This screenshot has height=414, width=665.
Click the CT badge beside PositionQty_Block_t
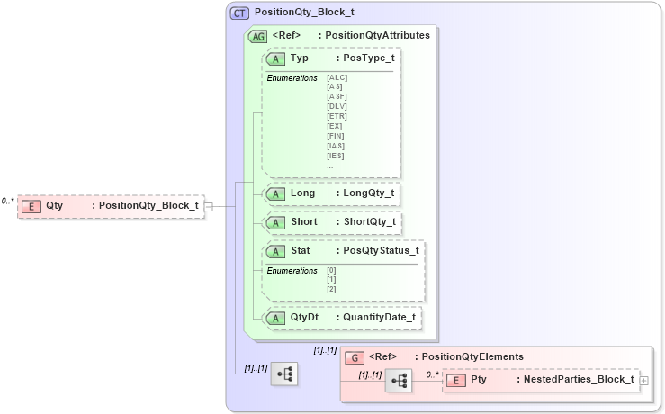point(240,13)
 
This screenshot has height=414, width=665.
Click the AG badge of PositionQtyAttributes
point(257,36)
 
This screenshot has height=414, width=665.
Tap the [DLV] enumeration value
point(337,107)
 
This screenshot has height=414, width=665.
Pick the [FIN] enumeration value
point(336,136)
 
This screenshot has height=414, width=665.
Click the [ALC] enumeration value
point(337,77)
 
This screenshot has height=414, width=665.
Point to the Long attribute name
point(302,193)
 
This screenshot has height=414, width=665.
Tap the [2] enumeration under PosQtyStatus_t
point(331,289)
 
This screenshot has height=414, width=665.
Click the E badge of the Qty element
point(31,206)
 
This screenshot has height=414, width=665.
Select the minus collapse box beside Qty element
point(208,206)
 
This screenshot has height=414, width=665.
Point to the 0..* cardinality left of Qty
point(8,202)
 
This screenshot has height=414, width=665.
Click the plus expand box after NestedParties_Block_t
point(643,381)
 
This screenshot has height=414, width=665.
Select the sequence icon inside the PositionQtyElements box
point(398,382)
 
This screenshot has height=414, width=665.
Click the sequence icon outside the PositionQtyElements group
point(284,373)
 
